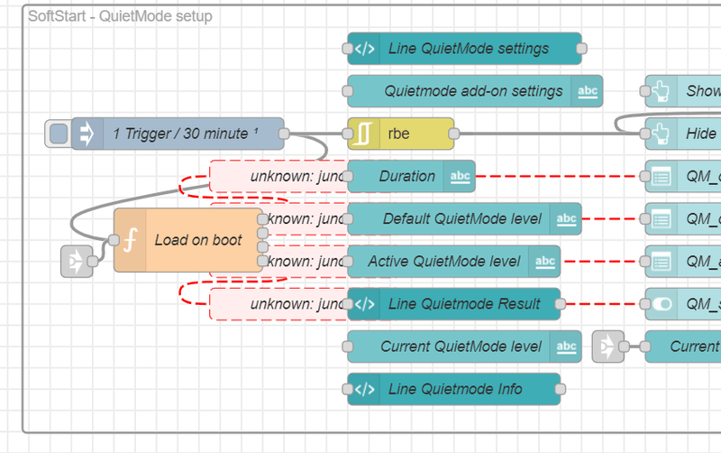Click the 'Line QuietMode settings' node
pos(469,49)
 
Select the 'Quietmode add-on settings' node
pos(473,91)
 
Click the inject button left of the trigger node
pos(58,134)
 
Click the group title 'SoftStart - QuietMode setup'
pos(121,16)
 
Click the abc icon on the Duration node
pos(460,176)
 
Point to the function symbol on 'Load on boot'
pos(130,240)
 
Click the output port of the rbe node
pos(453,134)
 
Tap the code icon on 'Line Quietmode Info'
pos(364,389)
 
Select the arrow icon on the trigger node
pos(87,134)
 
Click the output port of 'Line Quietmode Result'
pos(560,304)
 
